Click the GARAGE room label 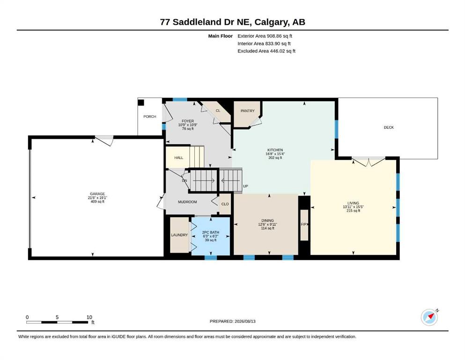pos(97,194)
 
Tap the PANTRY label pos(248,111)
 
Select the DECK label pos(389,127)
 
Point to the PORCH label pos(150,117)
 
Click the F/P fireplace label pos(304,225)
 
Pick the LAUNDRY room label pos(179,235)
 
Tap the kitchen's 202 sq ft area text pos(275,158)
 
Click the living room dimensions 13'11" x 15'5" pos(353,207)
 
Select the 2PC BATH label pos(211,232)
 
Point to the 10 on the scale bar pos(89,317)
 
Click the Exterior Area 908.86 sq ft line pos(265,36)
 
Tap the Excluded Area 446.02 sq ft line pos(266,51)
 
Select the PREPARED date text pos(232,321)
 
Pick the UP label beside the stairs pos(245,186)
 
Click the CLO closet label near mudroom pos(225,204)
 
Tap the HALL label pos(179,157)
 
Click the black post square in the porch pos(141,103)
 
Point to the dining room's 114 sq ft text pos(267,228)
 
